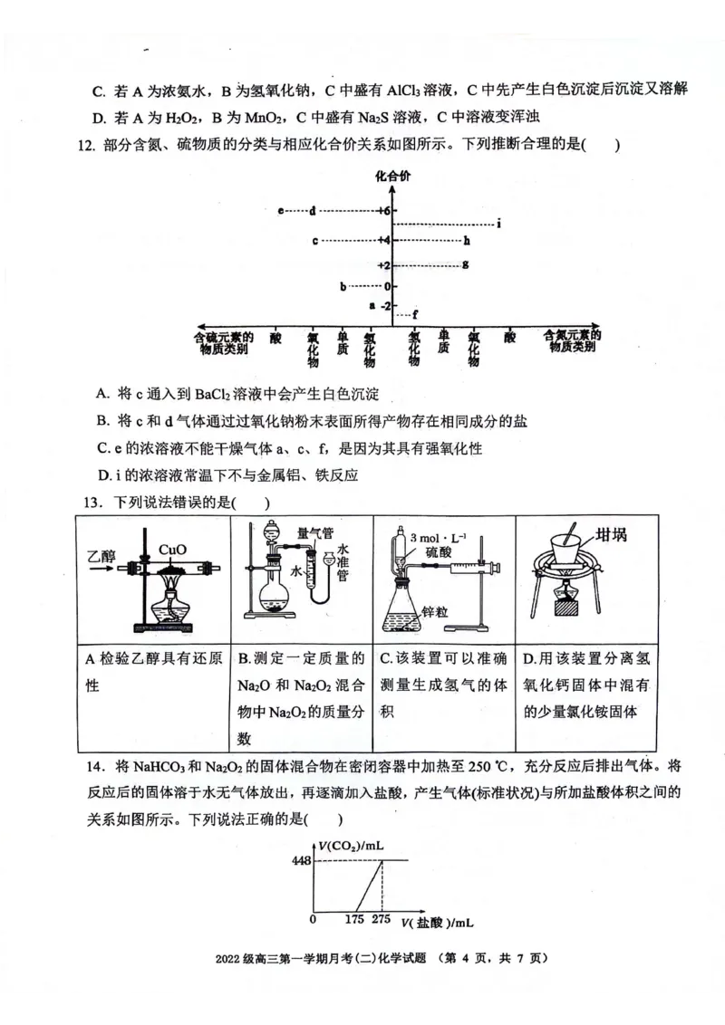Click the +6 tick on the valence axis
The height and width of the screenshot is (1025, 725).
coord(383,211)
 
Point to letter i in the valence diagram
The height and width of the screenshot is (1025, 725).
coord(499,224)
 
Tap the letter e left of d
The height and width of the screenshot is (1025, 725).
coord(282,211)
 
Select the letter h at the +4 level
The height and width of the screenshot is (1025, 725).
coord(466,241)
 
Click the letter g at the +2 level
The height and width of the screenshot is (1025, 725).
coord(465,264)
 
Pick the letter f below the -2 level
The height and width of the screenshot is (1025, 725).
coord(415,314)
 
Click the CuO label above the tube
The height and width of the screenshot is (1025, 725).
coord(172,550)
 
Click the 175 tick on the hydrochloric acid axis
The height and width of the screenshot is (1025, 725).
coord(354,920)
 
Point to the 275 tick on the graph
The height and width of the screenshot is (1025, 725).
coord(382,920)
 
